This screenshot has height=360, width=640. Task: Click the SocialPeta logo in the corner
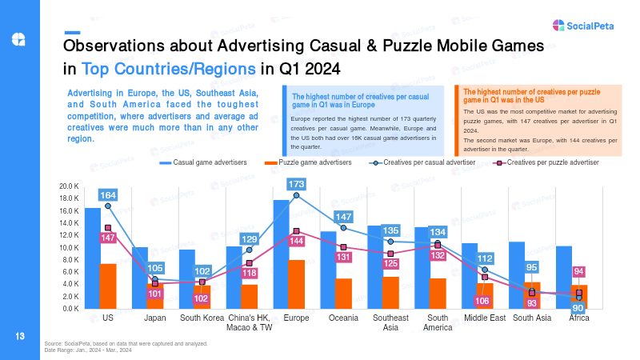[583, 26]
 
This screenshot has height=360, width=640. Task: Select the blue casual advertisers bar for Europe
[281, 254]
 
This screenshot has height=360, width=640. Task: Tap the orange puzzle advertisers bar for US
[108, 286]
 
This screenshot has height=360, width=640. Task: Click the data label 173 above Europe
[296, 184]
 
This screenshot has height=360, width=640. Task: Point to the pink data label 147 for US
[108, 238]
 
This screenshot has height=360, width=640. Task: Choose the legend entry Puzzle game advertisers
[308, 162]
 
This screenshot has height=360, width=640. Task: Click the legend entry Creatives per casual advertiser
[422, 162]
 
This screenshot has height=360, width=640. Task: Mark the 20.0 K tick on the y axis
[69, 186]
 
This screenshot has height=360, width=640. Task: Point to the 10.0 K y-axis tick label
[69, 247]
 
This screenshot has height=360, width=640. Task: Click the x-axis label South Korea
[202, 318]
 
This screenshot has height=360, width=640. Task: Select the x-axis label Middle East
[485, 318]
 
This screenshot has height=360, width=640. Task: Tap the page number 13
[19, 336]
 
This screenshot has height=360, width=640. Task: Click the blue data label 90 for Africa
[578, 309]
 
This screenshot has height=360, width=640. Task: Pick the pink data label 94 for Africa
[578, 271]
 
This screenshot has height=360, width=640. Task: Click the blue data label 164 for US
[108, 195]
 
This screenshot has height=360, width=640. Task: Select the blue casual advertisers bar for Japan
[140, 278]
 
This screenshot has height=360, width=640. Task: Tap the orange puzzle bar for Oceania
[344, 294]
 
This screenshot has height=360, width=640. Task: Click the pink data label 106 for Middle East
[482, 302]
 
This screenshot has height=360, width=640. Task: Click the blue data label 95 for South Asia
[531, 267]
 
